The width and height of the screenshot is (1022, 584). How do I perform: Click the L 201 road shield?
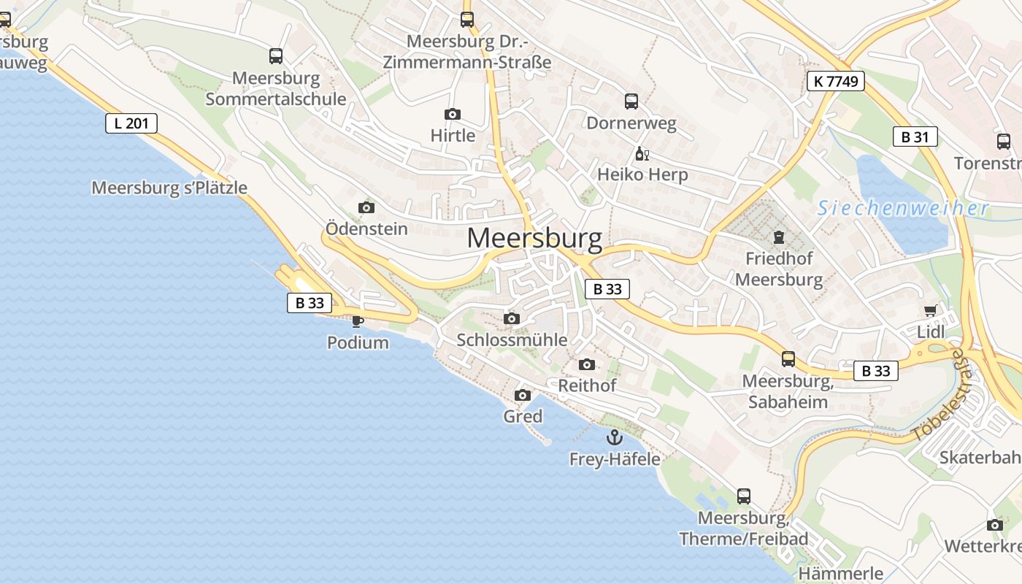(x=131, y=123)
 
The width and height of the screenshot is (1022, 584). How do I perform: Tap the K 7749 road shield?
(x=836, y=81)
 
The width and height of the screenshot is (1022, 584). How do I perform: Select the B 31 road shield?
(x=915, y=137)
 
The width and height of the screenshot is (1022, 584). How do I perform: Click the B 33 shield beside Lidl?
(x=876, y=371)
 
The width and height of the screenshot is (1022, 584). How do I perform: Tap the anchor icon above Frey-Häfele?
(x=615, y=438)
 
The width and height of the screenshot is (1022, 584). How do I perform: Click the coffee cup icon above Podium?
(x=357, y=321)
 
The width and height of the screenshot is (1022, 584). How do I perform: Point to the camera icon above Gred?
(x=523, y=396)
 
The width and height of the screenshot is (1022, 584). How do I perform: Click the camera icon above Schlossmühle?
(x=512, y=318)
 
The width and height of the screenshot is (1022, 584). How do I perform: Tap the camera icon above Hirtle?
(x=453, y=115)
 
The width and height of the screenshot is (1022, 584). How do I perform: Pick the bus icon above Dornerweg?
(x=631, y=101)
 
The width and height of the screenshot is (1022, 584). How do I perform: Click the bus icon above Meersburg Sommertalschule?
(x=276, y=56)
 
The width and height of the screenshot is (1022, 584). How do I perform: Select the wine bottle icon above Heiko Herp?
(x=642, y=154)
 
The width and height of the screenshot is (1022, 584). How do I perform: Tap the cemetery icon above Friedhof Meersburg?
(x=779, y=237)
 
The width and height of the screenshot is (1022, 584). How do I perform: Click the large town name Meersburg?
(x=534, y=238)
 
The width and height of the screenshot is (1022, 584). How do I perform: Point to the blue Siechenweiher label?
(x=903, y=209)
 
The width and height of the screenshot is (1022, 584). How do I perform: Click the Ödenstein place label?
(x=366, y=228)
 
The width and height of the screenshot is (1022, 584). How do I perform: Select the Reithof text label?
(x=587, y=385)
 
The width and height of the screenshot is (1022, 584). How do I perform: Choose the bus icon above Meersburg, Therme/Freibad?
(x=744, y=496)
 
